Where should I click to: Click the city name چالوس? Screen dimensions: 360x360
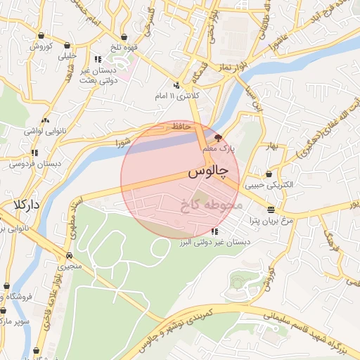[x=209, y=172]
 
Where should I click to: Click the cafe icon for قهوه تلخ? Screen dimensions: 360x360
[x=124, y=37]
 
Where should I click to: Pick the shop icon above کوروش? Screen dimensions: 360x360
[x=42, y=35]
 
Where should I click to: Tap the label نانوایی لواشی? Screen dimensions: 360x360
[x=46, y=131]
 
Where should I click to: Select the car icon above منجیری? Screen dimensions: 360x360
[x=70, y=255]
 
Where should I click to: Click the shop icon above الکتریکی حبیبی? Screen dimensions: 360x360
[x=270, y=174]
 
